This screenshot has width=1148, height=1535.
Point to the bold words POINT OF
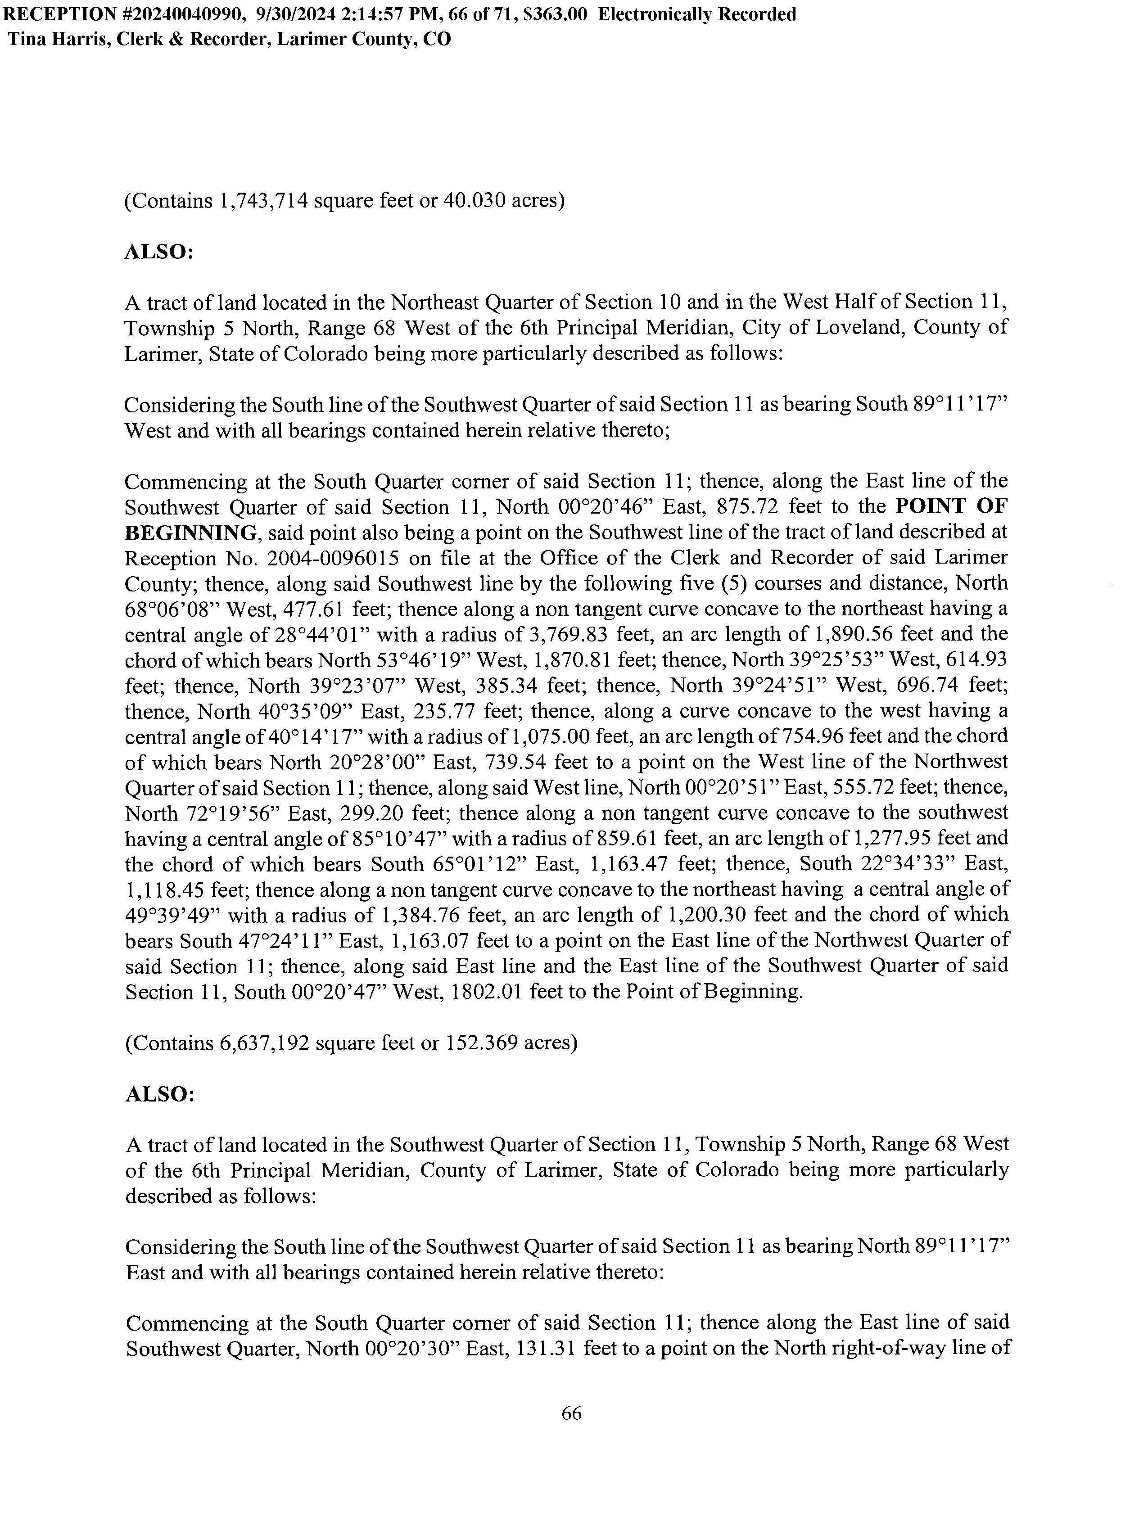951,506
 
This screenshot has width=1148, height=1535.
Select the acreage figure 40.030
473,201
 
